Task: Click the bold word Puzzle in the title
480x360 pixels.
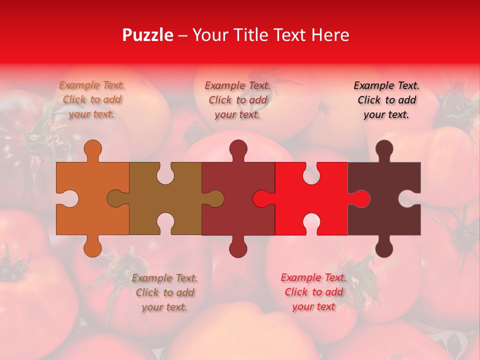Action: (x=147, y=35)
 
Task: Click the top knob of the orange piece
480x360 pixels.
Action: (x=93, y=149)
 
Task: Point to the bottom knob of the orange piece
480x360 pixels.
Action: (x=93, y=248)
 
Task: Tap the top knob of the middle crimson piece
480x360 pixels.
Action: (x=238, y=149)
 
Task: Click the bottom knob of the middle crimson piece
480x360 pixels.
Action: (x=238, y=248)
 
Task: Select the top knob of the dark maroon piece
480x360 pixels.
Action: (x=384, y=149)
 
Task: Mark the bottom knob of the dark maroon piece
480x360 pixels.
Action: (x=384, y=248)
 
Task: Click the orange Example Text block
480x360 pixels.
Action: (x=92, y=99)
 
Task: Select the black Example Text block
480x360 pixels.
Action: (x=386, y=99)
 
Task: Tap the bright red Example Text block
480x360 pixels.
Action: (x=313, y=291)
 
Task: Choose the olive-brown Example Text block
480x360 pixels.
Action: (x=164, y=292)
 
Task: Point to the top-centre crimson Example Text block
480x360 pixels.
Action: (x=237, y=100)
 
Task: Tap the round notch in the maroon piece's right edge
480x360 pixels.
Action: (x=410, y=198)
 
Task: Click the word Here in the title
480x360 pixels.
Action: (x=330, y=35)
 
